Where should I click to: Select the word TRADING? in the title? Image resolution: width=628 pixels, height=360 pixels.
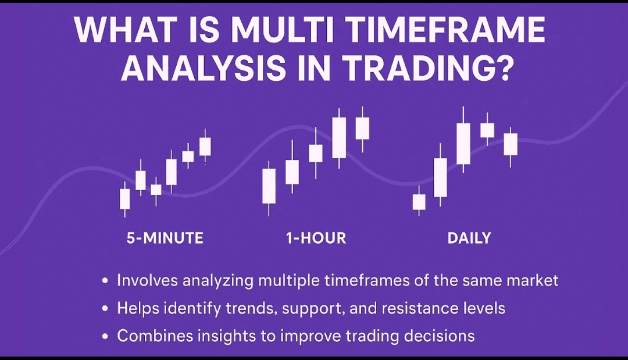coord(428,67)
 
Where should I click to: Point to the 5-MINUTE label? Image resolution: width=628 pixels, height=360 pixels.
coord(165,238)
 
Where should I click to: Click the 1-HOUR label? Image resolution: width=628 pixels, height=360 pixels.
coord(316,238)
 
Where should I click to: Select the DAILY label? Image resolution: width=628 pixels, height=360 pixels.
coord(469,238)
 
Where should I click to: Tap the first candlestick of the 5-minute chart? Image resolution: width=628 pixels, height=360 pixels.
coord(125,199)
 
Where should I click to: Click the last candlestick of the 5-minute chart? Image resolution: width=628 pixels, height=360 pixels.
coord(205,146)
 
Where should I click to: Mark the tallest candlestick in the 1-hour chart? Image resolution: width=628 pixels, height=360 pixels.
coord(339,138)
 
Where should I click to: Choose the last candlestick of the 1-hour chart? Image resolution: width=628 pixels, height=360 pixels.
coord(362,129)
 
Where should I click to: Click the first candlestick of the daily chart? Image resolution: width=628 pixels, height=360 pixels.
coord(419,202)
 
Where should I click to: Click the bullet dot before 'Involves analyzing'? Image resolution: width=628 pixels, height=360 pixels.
coord(105,281)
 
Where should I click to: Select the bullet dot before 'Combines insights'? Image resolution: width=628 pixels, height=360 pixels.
coord(105,336)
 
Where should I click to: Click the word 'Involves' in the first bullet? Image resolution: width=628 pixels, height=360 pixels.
coord(147,280)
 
